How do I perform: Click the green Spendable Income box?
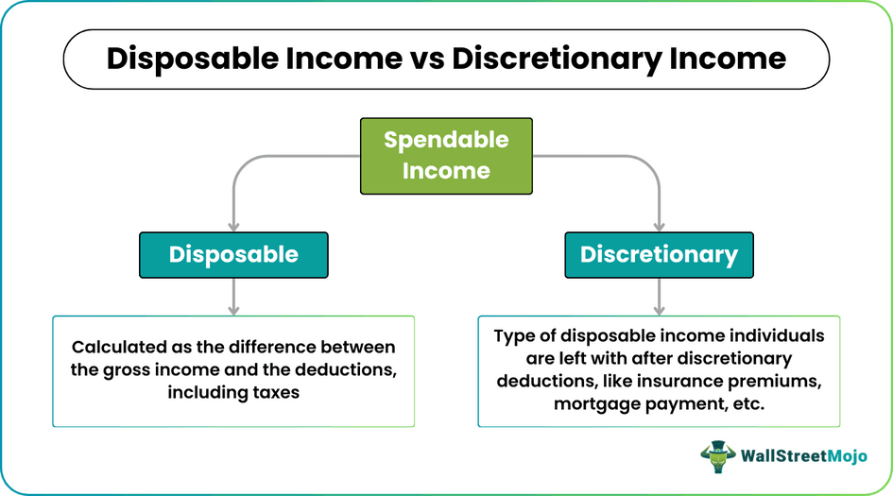[446, 155]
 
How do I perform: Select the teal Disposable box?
[233, 254]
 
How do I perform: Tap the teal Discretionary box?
[659, 254]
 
